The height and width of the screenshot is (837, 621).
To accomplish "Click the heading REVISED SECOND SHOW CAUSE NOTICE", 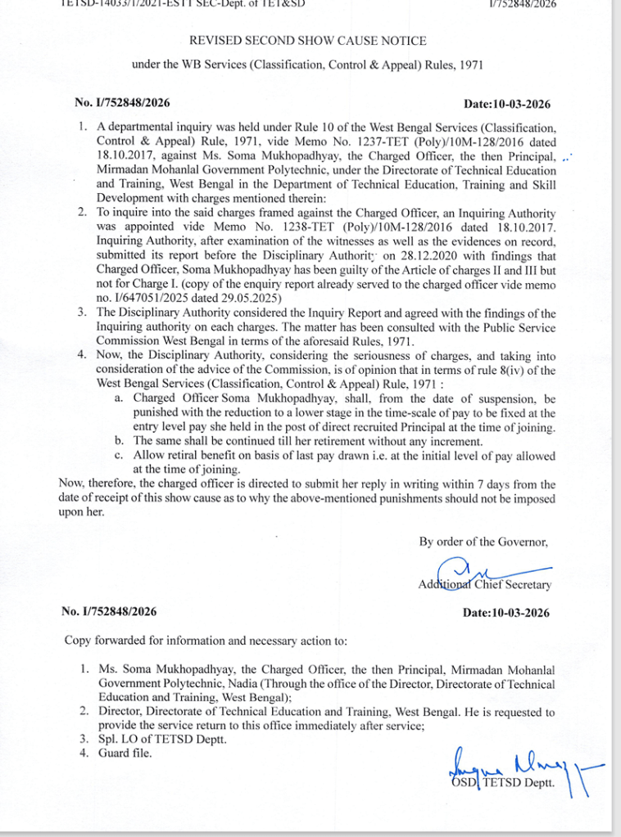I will click(x=308, y=40).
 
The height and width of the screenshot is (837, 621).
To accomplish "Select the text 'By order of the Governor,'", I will click(x=483, y=542).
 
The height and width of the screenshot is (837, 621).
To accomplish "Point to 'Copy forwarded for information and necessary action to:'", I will click(x=206, y=641).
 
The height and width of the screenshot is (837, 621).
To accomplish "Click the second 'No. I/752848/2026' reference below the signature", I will click(x=109, y=612).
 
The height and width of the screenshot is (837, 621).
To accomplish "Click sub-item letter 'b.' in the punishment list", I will click(x=120, y=441).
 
